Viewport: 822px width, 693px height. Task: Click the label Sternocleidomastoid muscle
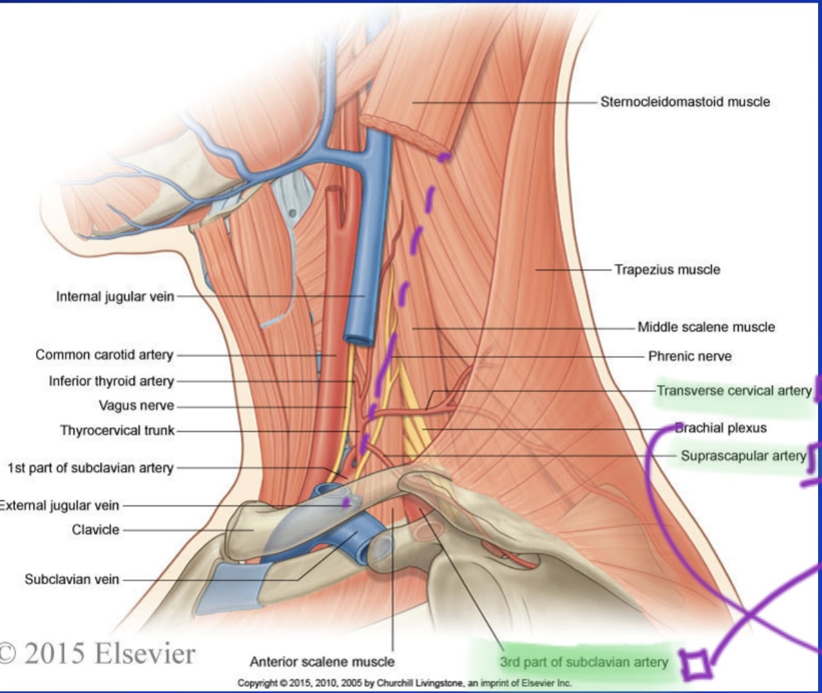[685, 102]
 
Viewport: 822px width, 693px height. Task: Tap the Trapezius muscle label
[667, 269]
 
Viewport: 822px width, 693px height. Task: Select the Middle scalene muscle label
[706, 326]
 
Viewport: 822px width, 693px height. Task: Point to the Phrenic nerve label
[689, 356]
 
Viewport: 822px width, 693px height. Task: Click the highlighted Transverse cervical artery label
[734, 391]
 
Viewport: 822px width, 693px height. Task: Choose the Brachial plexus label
[722, 428]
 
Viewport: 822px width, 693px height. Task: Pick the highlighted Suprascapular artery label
[742, 455]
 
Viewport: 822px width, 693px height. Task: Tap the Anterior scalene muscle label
[322, 661]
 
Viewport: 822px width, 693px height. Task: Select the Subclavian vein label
[72, 579]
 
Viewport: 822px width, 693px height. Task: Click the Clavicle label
[95, 529]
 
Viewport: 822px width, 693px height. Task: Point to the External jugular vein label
[59, 505]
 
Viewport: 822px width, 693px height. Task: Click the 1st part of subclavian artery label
[91, 468]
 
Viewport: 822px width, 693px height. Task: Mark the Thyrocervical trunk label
[118, 430]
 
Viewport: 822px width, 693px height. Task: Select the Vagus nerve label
[136, 405]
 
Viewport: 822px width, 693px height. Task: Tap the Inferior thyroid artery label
[111, 381]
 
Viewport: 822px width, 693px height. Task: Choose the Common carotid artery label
[104, 355]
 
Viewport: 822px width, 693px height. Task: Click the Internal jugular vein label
[115, 296]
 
